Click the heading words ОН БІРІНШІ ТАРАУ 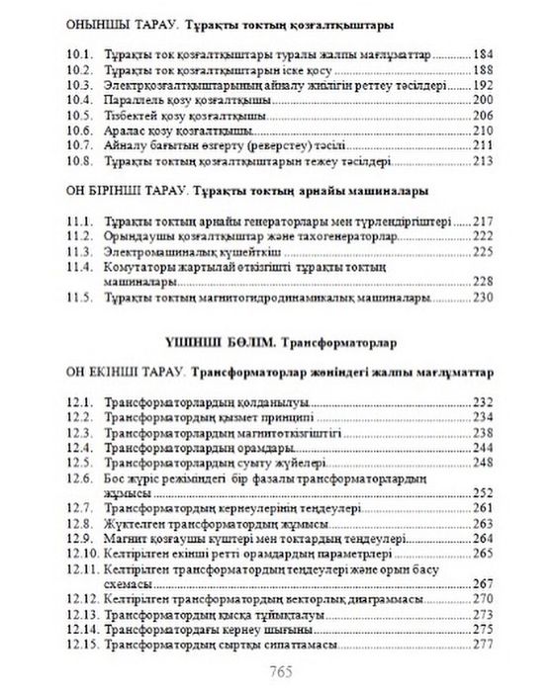[118, 188]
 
